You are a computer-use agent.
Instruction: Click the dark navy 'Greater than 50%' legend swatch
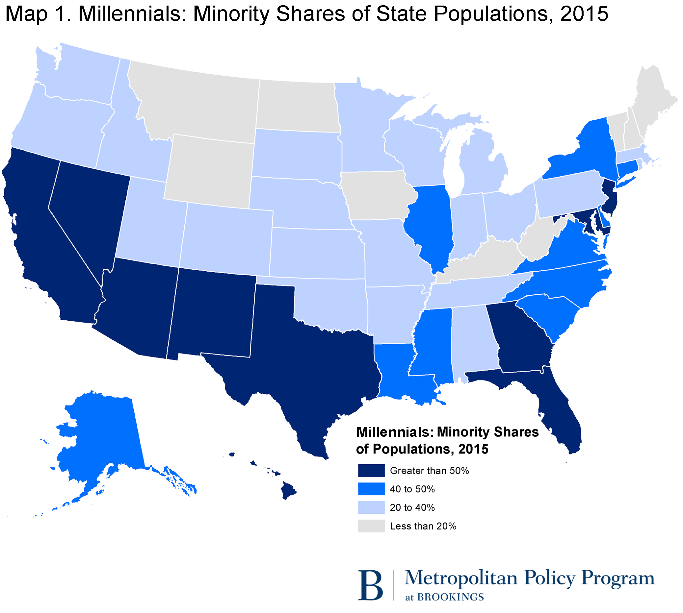tap(371, 471)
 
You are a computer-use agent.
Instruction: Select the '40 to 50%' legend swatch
tap(371, 489)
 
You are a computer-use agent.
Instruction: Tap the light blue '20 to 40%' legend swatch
tap(371, 507)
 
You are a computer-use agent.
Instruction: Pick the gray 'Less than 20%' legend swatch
tap(371, 526)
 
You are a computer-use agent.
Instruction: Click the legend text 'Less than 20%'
tap(423, 526)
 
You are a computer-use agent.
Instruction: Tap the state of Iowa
tap(378, 195)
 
